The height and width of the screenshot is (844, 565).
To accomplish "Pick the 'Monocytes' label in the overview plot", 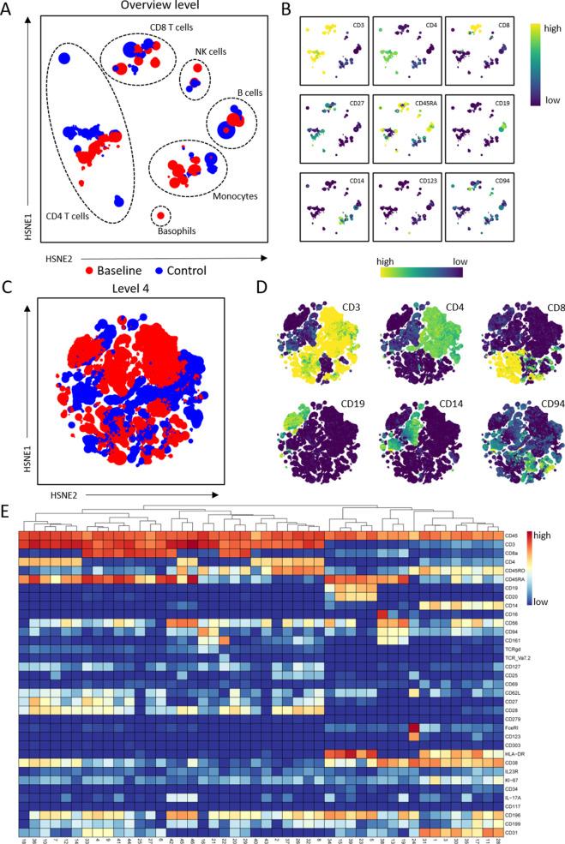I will pos(220,195).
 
